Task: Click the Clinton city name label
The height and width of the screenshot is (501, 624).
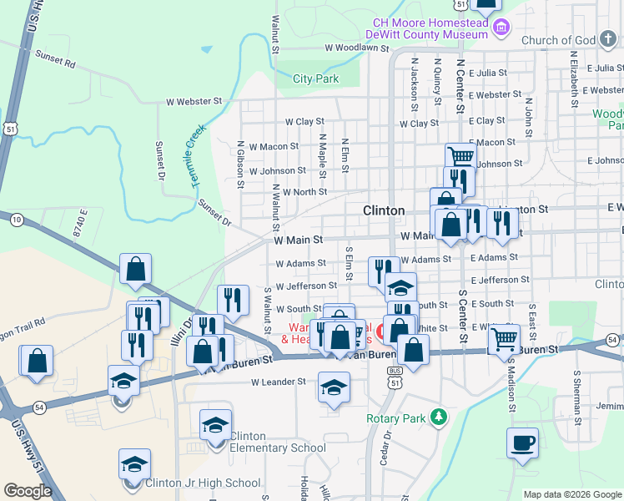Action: click(384, 210)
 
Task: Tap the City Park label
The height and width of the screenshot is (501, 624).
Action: click(316, 79)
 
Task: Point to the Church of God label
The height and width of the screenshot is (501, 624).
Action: click(559, 40)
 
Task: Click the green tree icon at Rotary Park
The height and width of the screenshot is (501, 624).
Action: click(436, 417)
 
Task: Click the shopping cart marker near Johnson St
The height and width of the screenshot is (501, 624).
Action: click(460, 155)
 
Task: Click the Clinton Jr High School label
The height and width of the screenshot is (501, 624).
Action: click(203, 483)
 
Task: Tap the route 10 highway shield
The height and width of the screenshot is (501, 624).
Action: click(17, 219)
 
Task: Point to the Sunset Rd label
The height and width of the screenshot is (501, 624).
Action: click(55, 58)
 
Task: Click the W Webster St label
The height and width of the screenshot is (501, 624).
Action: click(194, 101)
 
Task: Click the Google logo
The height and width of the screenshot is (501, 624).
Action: click(28, 491)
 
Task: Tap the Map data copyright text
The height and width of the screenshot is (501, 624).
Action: click(571, 495)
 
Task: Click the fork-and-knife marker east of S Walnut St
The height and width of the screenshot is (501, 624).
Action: click(233, 300)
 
